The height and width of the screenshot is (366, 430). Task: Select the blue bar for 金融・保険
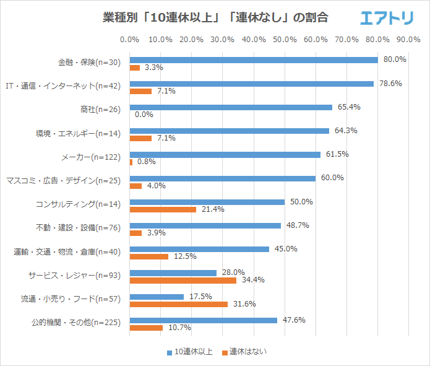(254, 60)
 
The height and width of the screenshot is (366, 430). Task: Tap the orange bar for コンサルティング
(163, 209)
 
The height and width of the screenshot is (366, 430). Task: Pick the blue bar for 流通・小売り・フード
(157, 297)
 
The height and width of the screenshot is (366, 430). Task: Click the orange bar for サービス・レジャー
(183, 281)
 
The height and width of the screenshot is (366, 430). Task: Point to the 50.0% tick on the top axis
(285, 40)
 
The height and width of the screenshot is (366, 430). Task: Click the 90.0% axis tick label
(408, 40)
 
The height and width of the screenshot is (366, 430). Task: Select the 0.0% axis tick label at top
(129, 40)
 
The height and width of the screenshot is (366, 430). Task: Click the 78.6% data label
(389, 84)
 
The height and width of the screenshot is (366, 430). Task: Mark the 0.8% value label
(146, 162)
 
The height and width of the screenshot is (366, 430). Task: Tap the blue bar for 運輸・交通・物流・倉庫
(199, 249)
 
